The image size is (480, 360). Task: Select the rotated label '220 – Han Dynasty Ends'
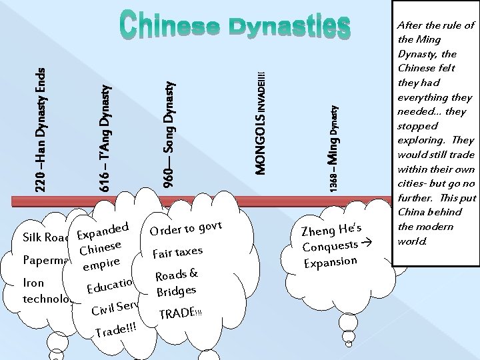point(41,123)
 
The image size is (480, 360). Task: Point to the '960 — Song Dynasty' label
point(170,133)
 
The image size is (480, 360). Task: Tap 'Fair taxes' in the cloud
point(177,251)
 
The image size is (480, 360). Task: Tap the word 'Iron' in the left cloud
point(33,283)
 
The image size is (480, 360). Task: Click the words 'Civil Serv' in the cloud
point(115,308)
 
